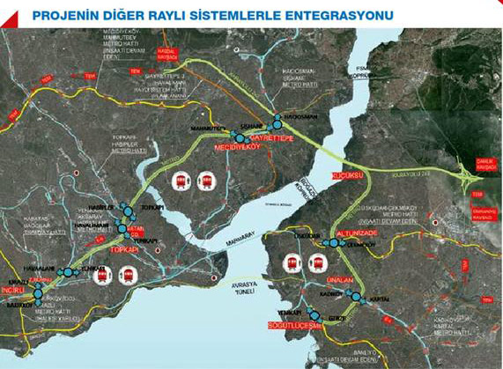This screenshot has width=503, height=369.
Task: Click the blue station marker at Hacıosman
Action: tap(277, 117)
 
